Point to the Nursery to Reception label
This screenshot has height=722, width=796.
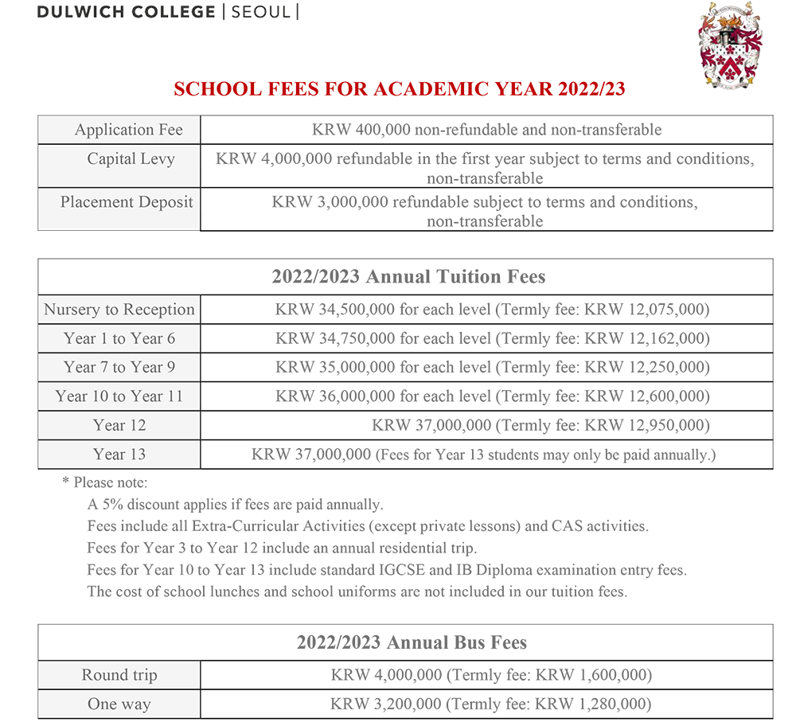[x=119, y=310]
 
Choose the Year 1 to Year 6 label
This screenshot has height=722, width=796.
[x=119, y=339]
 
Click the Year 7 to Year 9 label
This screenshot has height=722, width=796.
[x=119, y=368]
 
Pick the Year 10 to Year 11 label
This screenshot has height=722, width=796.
[x=119, y=396]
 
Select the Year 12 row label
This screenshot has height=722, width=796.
[x=119, y=425]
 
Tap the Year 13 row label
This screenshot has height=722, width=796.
[x=119, y=455]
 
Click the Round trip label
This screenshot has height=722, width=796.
[x=119, y=675]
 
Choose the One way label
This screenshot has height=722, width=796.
[x=119, y=704]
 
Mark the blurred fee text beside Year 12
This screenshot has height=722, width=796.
[x=541, y=425]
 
